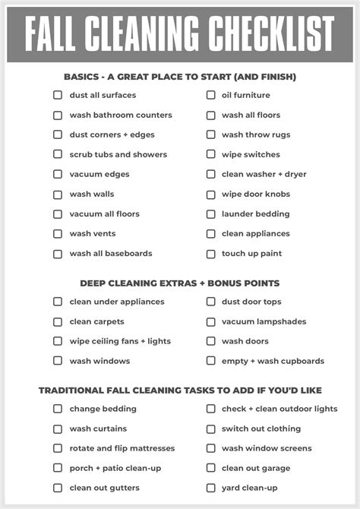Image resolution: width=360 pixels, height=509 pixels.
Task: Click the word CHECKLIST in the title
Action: point(271,33)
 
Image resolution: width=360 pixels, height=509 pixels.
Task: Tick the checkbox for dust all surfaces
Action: point(58,95)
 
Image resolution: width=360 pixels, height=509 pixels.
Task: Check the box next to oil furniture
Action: point(210,95)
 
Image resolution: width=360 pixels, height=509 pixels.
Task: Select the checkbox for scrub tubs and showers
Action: point(58,154)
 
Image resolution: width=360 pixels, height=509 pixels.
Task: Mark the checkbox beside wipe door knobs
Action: point(210,194)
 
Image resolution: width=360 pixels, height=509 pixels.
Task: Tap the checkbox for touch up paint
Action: point(210,254)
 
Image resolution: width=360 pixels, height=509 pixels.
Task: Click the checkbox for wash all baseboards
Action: point(58,254)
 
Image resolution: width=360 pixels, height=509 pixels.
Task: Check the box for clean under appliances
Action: point(58,302)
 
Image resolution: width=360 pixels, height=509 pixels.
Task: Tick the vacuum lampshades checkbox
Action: point(210,321)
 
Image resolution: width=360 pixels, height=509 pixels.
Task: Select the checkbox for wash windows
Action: point(58,361)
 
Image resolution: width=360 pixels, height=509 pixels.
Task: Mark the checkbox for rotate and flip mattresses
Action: point(58,448)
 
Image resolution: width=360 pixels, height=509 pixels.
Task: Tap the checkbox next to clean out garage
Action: point(210,468)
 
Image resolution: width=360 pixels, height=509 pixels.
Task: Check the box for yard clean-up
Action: point(210,488)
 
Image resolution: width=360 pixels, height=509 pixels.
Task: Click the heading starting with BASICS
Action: point(180,77)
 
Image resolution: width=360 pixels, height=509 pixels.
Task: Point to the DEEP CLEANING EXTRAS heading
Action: point(180,283)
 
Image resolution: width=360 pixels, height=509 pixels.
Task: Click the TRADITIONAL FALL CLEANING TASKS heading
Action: point(180,390)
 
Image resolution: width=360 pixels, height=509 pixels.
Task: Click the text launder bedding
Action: point(255,214)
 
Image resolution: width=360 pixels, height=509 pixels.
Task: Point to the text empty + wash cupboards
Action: point(273,361)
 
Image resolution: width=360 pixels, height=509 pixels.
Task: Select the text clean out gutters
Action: point(105,488)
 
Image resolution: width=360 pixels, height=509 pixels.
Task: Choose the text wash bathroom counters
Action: point(121,115)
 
